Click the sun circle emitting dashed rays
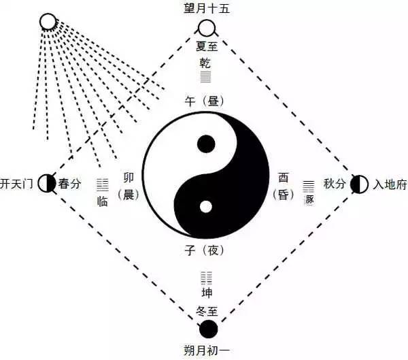click(x=48, y=22)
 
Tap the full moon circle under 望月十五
click(x=206, y=28)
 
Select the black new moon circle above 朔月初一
click(x=207, y=329)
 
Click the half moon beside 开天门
click(x=46, y=182)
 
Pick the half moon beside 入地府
click(x=359, y=184)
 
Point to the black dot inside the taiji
click(x=205, y=144)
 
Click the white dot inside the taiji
click(x=205, y=206)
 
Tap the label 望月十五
click(x=207, y=9)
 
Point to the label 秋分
click(x=335, y=184)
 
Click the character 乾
click(x=205, y=63)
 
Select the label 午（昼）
click(x=205, y=101)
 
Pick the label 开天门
click(x=17, y=183)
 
